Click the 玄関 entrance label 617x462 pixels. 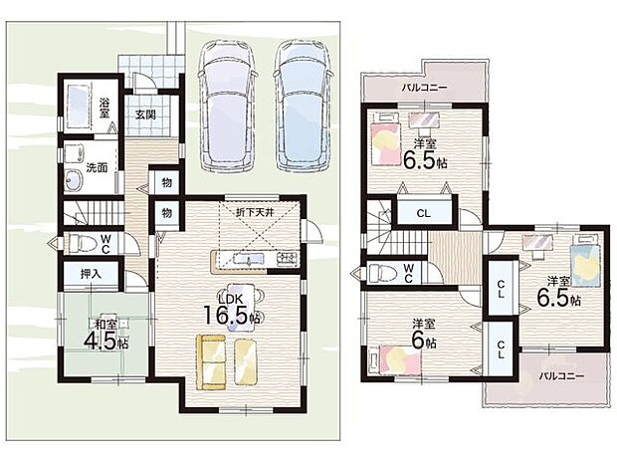[145, 115]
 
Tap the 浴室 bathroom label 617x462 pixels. [104, 108]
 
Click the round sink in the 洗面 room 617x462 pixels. [74, 181]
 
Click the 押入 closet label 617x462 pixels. [91, 274]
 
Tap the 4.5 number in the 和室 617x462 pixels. [102, 343]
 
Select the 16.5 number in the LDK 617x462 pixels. [227, 314]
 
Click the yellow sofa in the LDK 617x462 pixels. [211, 362]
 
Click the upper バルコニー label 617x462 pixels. [424, 88]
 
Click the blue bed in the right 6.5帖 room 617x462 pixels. [585, 260]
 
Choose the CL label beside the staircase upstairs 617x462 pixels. [423, 214]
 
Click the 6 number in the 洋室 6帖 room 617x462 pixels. [417, 341]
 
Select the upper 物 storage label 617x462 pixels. [167, 183]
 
